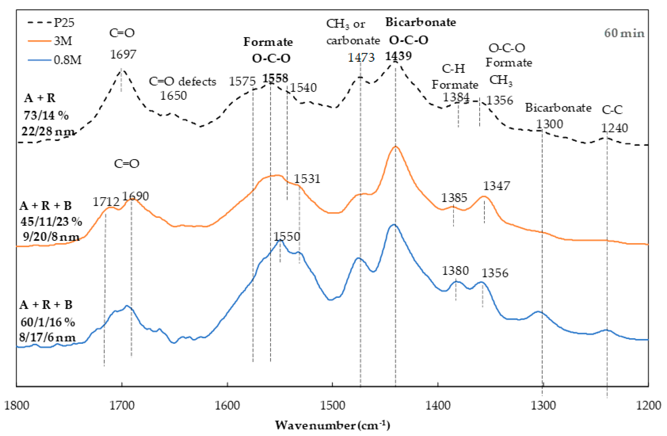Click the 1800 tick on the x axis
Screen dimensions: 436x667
(17, 405)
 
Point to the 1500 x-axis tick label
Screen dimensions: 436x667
(332, 405)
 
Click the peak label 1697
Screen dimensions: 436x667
(123, 54)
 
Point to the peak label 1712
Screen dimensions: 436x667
(106, 202)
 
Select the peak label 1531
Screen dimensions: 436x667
(307, 179)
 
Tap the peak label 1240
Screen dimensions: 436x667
(615, 128)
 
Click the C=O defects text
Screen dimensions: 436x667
(182, 81)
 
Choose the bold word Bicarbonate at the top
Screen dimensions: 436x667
(420, 22)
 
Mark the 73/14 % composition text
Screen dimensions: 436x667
(46, 115)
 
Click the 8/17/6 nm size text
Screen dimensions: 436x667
(47, 337)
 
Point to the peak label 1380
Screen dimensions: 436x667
(455, 271)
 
